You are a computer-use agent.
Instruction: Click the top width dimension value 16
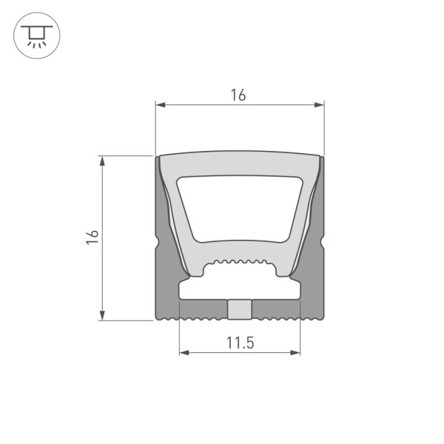coord(238,95)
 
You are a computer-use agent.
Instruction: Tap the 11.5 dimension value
coord(240,342)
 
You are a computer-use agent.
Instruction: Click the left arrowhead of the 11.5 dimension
coord(183,353)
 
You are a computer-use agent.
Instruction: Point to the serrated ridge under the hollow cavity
coord(240,263)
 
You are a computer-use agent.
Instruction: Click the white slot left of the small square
coord(203,305)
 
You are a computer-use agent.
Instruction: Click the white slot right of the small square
coord(275,305)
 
